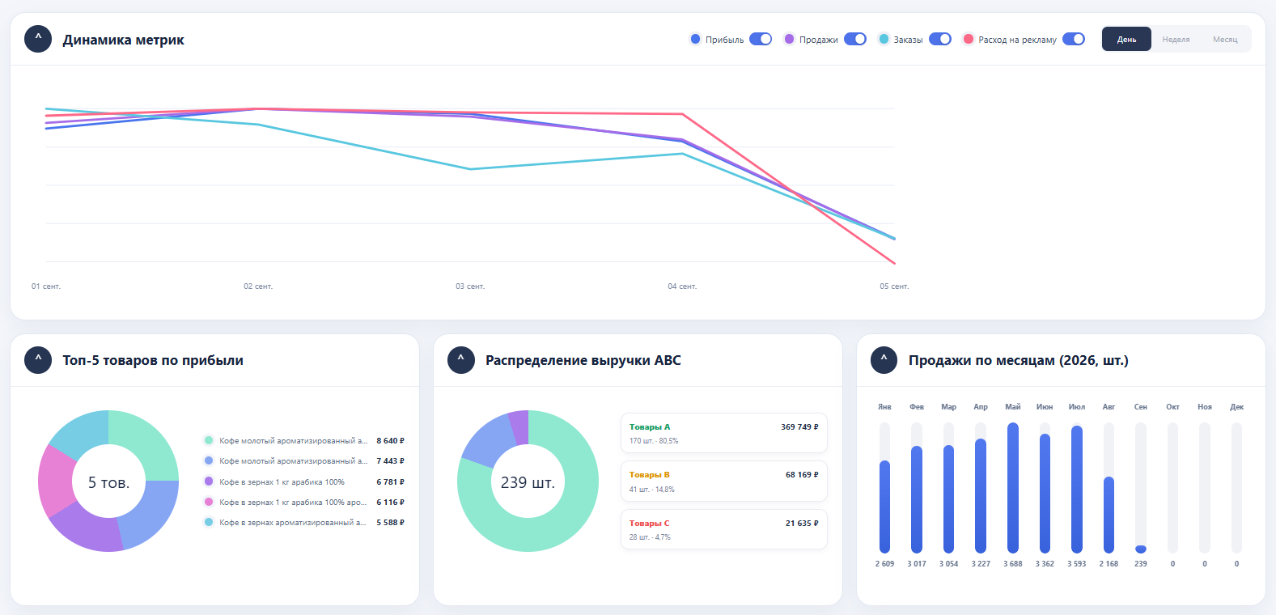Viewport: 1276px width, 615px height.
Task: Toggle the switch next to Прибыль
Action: pyautogui.click(x=761, y=40)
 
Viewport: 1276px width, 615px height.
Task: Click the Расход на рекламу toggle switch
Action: pyautogui.click(x=1074, y=40)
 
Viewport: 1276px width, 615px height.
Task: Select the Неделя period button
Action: pyautogui.click(x=1176, y=40)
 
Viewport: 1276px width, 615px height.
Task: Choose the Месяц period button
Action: pyautogui.click(x=1225, y=40)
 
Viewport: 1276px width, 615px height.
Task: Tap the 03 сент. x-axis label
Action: pyautogui.click(x=470, y=286)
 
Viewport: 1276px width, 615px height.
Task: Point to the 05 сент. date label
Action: pyautogui.click(x=894, y=286)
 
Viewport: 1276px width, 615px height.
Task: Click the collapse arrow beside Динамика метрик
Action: pyautogui.click(x=38, y=40)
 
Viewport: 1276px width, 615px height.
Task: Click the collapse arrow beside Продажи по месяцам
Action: pyautogui.click(x=884, y=360)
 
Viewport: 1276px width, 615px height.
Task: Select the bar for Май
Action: pyautogui.click(x=1013, y=488)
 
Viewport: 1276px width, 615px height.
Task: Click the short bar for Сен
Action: pyautogui.click(x=1140, y=549)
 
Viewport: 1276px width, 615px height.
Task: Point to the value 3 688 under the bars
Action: pyautogui.click(x=1013, y=564)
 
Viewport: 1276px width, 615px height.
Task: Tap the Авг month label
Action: pyautogui.click(x=1109, y=406)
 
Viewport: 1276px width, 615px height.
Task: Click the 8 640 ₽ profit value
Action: pyautogui.click(x=390, y=441)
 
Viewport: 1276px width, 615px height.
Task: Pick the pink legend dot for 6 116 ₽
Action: pyautogui.click(x=209, y=503)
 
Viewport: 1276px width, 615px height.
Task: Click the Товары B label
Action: pyautogui.click(x=650, y=475)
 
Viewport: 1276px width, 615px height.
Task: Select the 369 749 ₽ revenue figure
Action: pyautogui.click(x=799, y=427)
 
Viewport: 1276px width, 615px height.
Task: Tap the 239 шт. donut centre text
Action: pyautogui.click(x=528, y=483)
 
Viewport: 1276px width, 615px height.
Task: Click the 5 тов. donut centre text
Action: pyautogui.click(x=108, y=483)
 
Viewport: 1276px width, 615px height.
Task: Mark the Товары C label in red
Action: pyautogui.click(x=650, y=524)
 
